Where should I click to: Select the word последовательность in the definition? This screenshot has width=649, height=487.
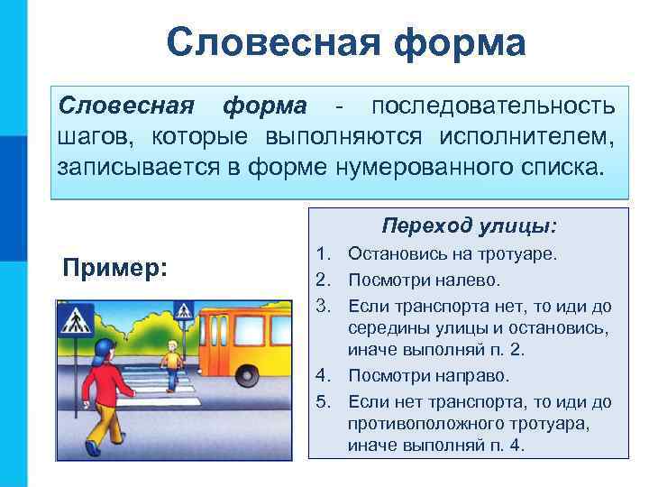coord(495,106)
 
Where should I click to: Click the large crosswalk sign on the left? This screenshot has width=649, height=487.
coord(77,319)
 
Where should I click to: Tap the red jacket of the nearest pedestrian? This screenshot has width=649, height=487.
coord(105,385)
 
